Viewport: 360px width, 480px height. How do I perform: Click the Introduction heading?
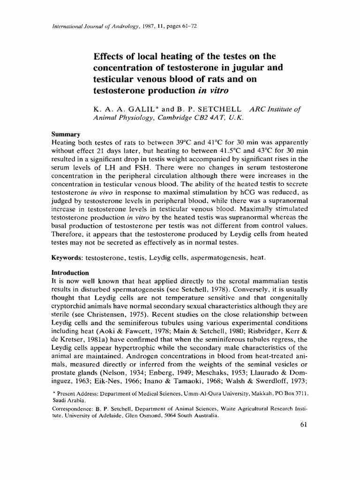click(x=70, y=273)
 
